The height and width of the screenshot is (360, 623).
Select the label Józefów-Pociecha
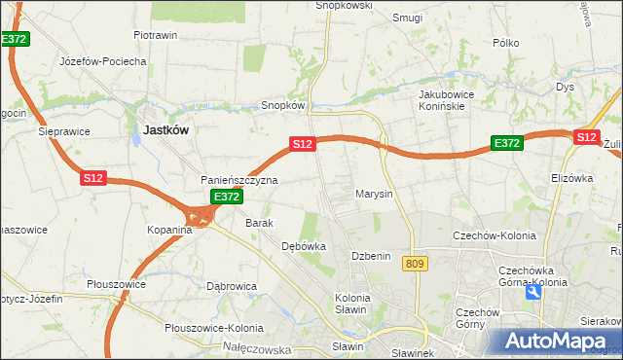coord(103,60)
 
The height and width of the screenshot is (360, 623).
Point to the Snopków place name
coord(284,105)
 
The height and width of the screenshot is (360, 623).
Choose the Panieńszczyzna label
coord(239,180)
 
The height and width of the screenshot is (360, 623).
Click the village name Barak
coord(260,223)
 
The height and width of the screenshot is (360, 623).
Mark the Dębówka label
coord(303,247)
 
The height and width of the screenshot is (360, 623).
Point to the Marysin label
coord(374,194)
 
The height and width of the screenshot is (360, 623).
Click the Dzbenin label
coord(371,256)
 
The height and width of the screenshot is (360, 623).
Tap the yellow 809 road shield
coord(416,264)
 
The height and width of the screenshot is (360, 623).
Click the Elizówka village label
coord(571,178)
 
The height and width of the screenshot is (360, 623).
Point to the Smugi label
coord(407,17)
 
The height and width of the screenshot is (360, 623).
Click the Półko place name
coord(506,43)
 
